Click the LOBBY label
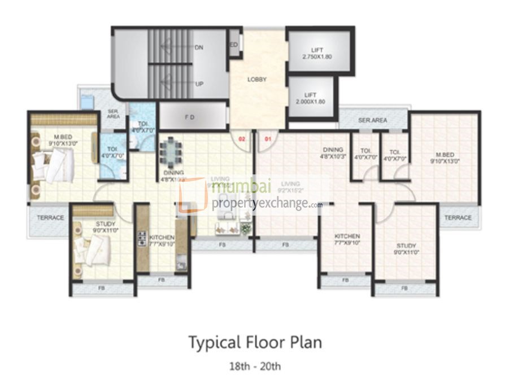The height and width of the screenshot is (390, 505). pyautogui.click(x=257, y=80)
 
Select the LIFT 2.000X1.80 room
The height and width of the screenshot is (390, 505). pyautogui.click(x=310, y=98)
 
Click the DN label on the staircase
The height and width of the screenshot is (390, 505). pyautogui.click(x=199, y=48)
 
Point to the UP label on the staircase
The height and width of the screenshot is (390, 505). pyautogui.click(x=199, y=84)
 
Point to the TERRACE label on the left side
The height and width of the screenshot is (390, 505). pyautogui.click(x=50, y=217)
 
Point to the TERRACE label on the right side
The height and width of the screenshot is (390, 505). pyautogui.click(x=457, y=217)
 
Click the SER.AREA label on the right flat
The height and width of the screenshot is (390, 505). pyautogui.click(x=372, y=120)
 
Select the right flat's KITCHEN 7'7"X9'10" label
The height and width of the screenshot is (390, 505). pyautogui.click(x=347, y=239)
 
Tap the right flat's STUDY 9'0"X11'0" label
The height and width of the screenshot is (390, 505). pyautogui.click(x=406, y=249)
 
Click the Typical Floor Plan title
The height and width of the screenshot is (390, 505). pyautogui.click(x=255, y=343)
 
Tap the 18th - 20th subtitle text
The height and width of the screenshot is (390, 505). pyautogui.click(x=254, y=366)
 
